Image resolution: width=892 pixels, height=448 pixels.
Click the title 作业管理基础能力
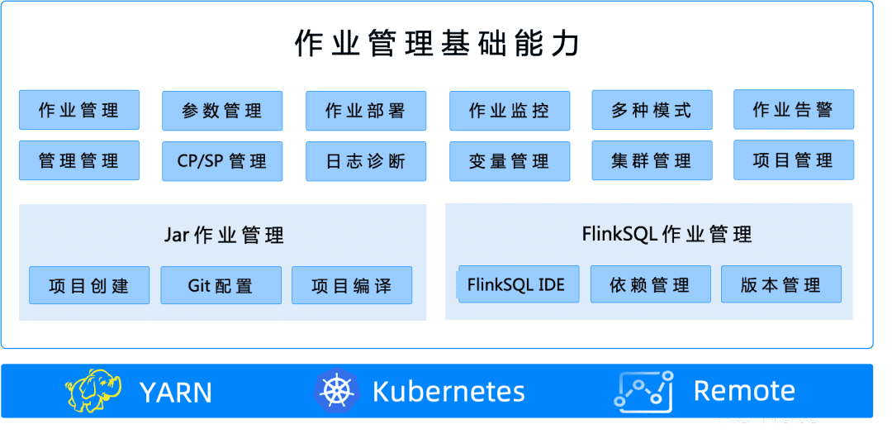[437, 44]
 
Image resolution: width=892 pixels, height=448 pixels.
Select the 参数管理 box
[222, 111]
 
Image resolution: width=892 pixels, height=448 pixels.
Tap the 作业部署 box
[366, 111]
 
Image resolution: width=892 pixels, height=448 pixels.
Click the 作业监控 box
[510, 111]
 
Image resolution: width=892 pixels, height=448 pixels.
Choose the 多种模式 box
[652, 111]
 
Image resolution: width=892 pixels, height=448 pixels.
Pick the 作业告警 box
[794, 110]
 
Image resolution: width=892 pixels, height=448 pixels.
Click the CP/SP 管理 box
[222, 161]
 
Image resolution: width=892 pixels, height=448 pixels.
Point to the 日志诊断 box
[366, 161]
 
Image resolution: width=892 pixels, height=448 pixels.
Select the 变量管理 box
[510, 161]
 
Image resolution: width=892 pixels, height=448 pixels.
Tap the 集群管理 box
[652, 161]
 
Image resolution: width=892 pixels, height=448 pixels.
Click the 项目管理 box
[794, 160]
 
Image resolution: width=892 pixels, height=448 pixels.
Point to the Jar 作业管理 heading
[224, 236]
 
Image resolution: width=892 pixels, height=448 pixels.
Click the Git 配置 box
[221, 286]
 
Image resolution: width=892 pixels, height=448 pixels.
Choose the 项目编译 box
[352, 286]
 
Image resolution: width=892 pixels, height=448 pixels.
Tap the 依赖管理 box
[650, 284]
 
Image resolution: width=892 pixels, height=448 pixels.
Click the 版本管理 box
[781, 284]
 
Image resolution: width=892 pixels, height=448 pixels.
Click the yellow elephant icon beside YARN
[93, 391]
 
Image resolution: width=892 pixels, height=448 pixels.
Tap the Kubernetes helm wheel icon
[335, 391]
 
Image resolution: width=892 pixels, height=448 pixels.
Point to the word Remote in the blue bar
[743, 391]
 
